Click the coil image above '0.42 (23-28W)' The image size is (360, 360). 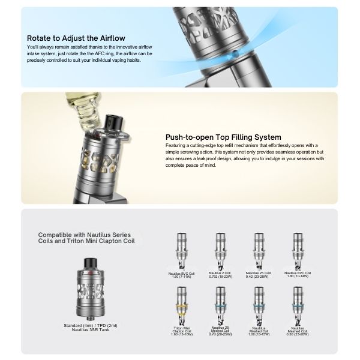tap(260, 246)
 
